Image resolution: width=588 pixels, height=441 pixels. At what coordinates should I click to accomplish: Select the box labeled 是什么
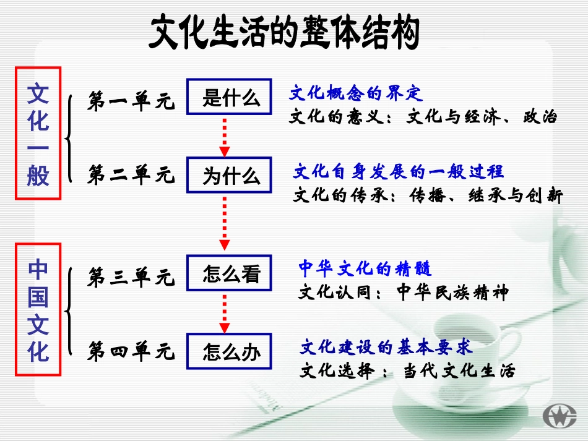pyautogui.click(x=229, y=96)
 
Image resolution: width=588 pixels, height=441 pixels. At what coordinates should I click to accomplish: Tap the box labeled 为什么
pyautogui.click(x=229, y=176)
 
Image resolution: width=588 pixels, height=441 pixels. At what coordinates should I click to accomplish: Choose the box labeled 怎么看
pyautogui.click(x=229, y=273)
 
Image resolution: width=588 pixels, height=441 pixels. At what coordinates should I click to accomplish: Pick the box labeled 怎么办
pyautogui.click(x=229, y=352)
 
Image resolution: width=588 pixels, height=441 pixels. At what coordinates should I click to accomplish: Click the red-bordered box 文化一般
pyautogui.click(x=38, y=132)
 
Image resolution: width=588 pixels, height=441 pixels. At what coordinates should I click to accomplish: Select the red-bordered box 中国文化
pyautogui.click(x=38, y=310)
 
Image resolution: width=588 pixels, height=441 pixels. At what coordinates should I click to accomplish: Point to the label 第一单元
pyautogui.click(x=131, y=102)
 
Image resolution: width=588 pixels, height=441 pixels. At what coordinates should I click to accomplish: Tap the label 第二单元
pyautogui.click(x=131, y=175)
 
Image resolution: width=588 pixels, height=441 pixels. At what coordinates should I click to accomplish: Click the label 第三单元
pyautogui.click(x=131, y=278)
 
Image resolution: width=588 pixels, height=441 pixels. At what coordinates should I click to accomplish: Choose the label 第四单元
pyautogui.click(x=131, y=351)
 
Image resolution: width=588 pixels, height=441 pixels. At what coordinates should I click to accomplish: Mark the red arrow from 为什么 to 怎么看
pyautogui.click(x=225, y=223)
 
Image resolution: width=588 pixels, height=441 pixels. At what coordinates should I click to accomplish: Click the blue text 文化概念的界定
pyautogui.click(x=355, y=93)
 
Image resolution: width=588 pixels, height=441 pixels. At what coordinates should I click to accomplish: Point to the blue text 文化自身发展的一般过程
pyautogui.click(x=399, y=171)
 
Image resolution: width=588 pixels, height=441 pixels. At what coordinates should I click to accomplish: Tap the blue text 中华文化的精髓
pyautogui.click(x=365, y=268)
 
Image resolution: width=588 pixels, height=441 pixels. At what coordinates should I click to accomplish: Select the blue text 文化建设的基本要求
pyautogui.click(x=386, y=346)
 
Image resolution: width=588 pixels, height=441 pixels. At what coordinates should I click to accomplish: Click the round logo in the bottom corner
pyautogui.click(x=558, y=415)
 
